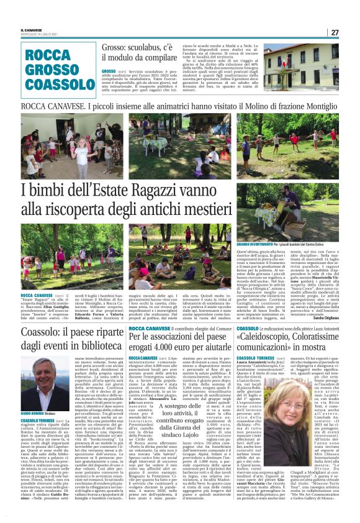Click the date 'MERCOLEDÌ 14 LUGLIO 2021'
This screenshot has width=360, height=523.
[x=40, y=34]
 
